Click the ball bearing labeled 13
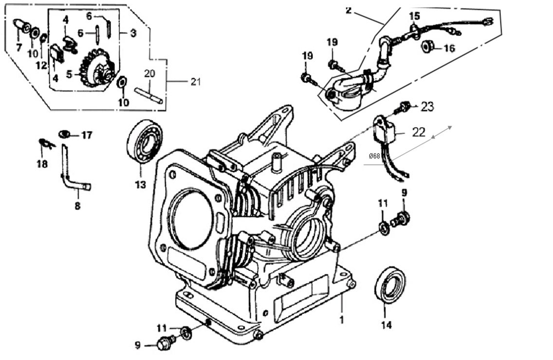tap(144, 141)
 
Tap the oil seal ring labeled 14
tap(390, 284)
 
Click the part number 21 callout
tap(195, 82)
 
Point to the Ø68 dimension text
tap(375, 156)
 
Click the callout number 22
tap(419, 132)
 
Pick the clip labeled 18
tap(44, 143)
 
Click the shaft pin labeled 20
tap(148, 95)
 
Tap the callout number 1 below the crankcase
tap(342, 320)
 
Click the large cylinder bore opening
tap(192, 219)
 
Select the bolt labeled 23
tap(403, 107)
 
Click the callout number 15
tap(414, 16)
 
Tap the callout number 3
tap(133, 33)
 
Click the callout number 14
tap(386, 325)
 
